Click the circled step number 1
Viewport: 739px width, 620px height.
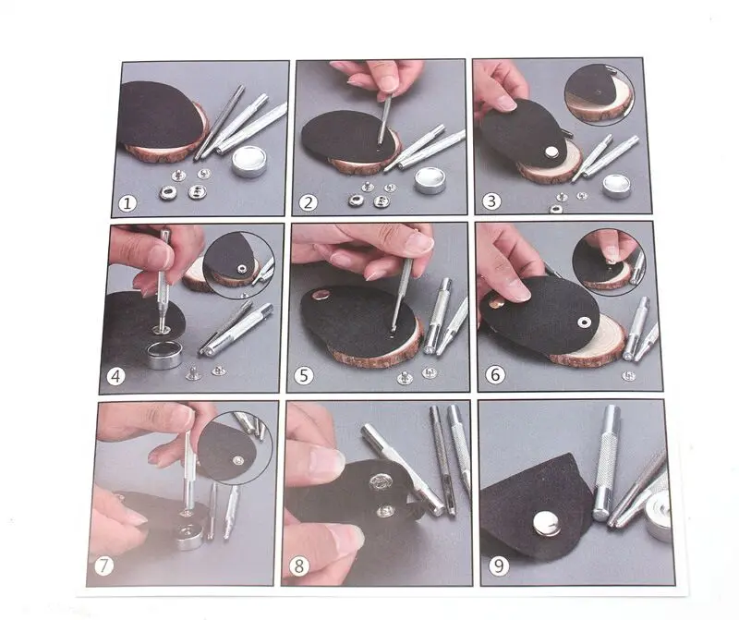pyautogui.click(x=127, y=203)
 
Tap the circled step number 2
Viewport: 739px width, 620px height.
pyautogui.click(x=308, y=202)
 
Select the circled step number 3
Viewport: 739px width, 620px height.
pyautogui.click(x=491, y=201)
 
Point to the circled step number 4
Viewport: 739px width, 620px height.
pyautogui.click(x=116, y=376)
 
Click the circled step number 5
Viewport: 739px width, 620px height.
pyautogui.click(x=304, y=376)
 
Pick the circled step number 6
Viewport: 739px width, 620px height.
pyautogui.click(x=495, y=375)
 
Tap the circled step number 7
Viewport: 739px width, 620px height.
pyautogui.click(x=104, y=566)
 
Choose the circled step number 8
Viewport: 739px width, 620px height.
pyautogui.click(x=298, y=565)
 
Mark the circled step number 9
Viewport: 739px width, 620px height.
pyautogui.click(x=498, y=565)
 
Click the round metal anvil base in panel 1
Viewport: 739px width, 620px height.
pyautogui.click(x=248, y=161)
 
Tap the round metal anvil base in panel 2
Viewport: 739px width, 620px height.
pyautogui.click(x=430, y=180)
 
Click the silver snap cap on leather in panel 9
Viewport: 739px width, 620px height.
pyautogui.click(x=547, y=524)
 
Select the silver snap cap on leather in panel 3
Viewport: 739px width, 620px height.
pyautogui.click(x=551, y=152)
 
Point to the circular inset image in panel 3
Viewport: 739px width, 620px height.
pyautogui.click(x=599, y=94)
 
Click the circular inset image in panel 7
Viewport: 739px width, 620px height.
pyautogui.click(x=235, y=448)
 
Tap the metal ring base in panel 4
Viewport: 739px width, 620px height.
pyautogui.click(x=164, y=355)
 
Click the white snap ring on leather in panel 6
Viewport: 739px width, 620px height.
pyautogui.click(x=584, y=322)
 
